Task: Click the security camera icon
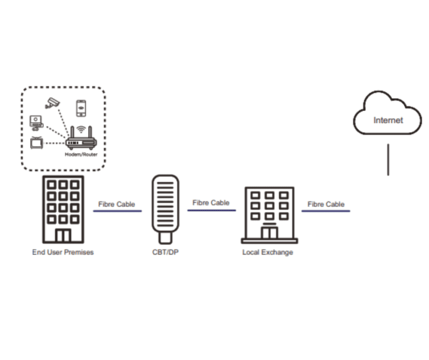(x=51, y=102)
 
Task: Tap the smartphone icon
(x=80, y=108)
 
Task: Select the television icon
(x=36, y=143)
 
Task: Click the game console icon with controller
(x=35, y=122)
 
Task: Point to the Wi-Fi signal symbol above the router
(x=81, y=129)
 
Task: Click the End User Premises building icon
(x=63, y=209)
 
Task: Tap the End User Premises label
(x=63, y=252)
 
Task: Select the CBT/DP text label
(x=165, y=252)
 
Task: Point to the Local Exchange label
(x=268, y=252)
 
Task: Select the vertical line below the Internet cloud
(x=388, y=159)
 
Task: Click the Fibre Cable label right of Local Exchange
(x=326, y=204)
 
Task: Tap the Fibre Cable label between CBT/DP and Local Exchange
(x=211, y=203)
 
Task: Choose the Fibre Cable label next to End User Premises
(x=117, y=204)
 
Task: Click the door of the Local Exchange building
(x=269, y=232)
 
